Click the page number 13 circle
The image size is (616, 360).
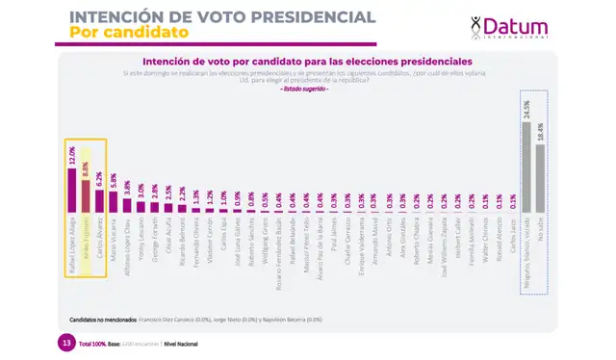tap(65, 344)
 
